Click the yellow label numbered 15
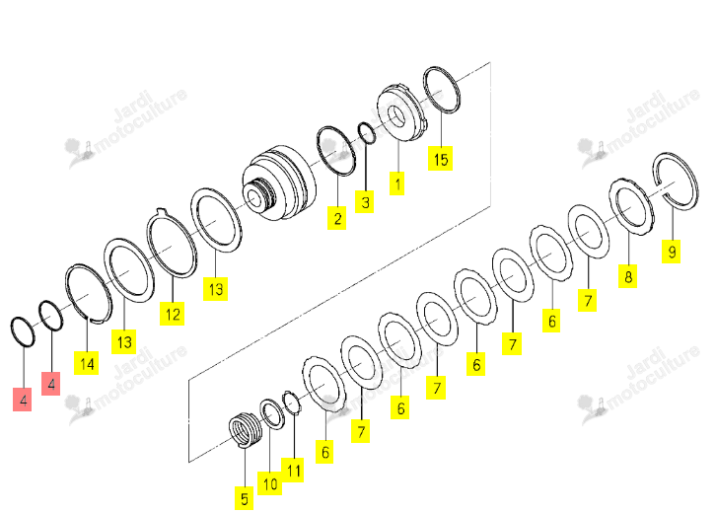(x=440, y=158)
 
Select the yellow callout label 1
(x=396, y=183)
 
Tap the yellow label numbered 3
(x=365, y=201)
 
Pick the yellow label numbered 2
(x=337, y=217)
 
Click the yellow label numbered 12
(x=173, y=314)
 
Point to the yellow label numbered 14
(x=87, y=363)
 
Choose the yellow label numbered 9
(x=672, y=252)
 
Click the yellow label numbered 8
(x=628, y=275)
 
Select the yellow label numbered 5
(x=245, y=497)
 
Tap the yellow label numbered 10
(x=270, y=483)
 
